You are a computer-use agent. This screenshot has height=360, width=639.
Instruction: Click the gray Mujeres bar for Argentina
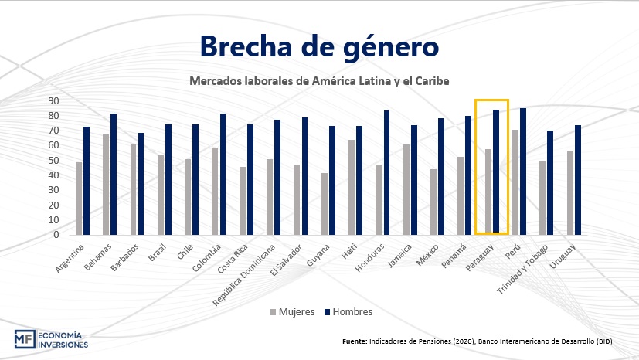[79, 199]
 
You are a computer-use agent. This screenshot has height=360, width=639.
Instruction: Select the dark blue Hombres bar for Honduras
[386, 172]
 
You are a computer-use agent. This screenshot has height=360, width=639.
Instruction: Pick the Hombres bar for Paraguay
[495, 172]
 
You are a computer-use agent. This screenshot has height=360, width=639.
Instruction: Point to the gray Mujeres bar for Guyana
[324, 204]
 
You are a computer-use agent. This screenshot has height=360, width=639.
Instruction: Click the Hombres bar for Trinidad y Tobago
[550, 182]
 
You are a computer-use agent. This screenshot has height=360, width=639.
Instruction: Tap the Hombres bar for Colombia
[223, 174]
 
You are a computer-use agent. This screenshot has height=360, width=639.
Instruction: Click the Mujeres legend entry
[293, 312]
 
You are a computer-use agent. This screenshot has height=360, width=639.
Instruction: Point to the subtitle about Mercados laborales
[319, 80]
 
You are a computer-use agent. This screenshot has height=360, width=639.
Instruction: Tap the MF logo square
[24, 339]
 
